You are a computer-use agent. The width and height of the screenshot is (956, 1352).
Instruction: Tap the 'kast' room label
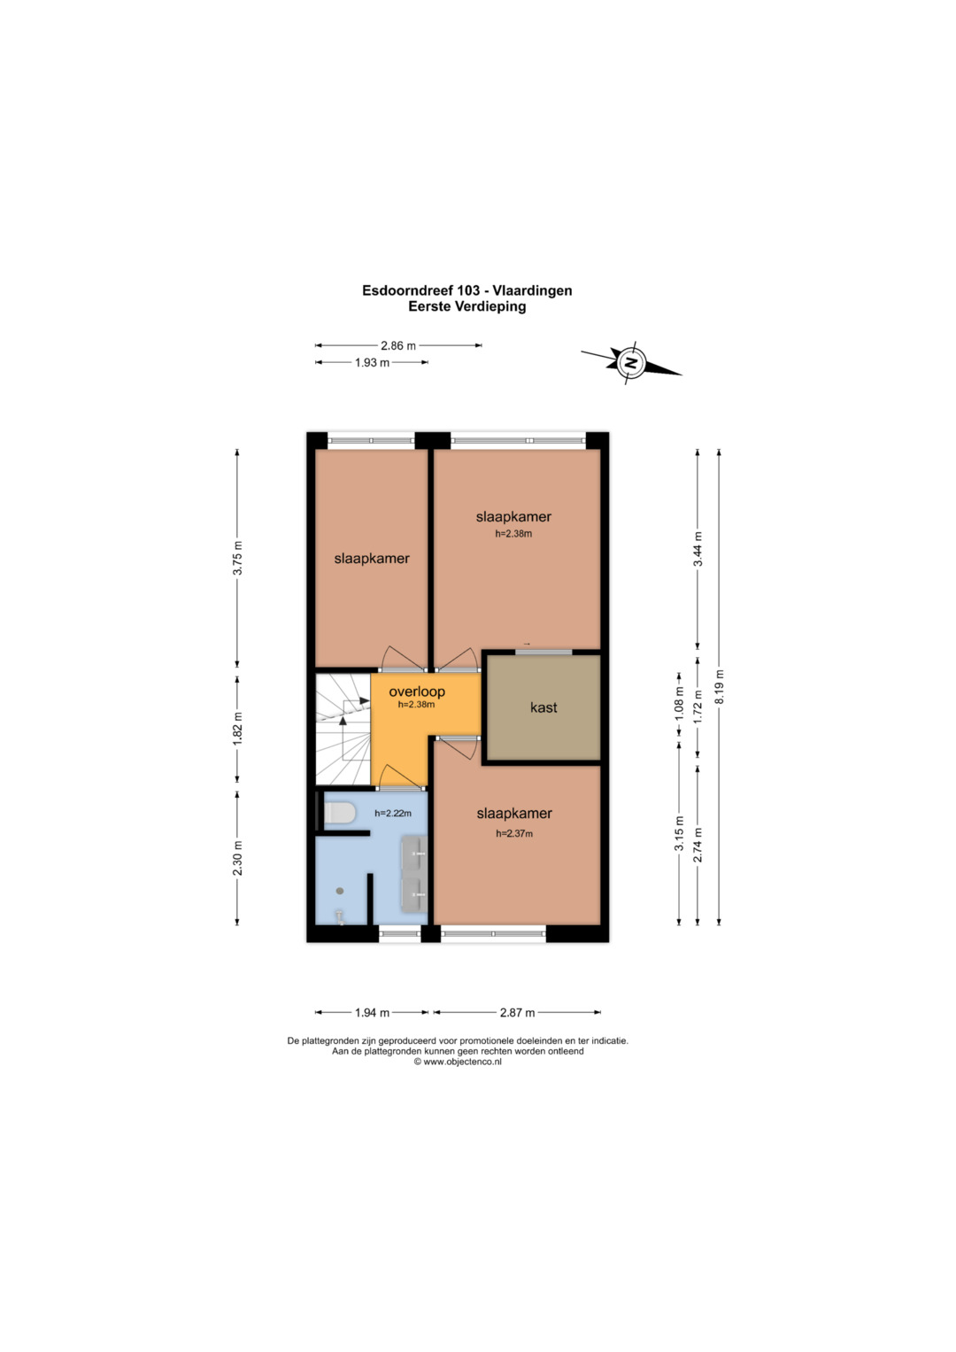(544, 707)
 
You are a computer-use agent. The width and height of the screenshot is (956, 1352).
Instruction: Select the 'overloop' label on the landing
(416, 691)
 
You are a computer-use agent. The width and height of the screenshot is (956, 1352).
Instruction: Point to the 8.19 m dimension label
(719, 687)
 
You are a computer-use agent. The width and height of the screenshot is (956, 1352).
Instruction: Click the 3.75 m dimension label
(237, 565)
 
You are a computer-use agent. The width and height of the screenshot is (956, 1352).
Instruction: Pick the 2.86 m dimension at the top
(397, 346)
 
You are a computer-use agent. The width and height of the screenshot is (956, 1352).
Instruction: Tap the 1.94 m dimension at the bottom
(372, 1013)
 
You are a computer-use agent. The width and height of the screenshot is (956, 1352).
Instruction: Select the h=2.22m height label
(393, 813)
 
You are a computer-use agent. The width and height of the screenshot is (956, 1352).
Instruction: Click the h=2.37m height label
(514, 833)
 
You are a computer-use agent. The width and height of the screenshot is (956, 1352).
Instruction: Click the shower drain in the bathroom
(340, 891)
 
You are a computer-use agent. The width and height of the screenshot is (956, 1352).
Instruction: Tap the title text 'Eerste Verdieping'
(467, 306)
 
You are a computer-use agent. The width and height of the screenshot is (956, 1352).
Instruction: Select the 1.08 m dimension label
(679, 704)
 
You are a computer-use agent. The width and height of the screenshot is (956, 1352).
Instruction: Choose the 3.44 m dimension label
(698, 549)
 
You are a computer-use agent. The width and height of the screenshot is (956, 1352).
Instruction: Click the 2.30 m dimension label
(237, 858)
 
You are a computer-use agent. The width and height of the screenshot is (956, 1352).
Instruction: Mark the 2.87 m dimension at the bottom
(517, 1013)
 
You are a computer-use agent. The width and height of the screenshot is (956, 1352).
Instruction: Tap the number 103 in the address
(468, 290)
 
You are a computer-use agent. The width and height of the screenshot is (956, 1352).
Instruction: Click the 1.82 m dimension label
(237, 729)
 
